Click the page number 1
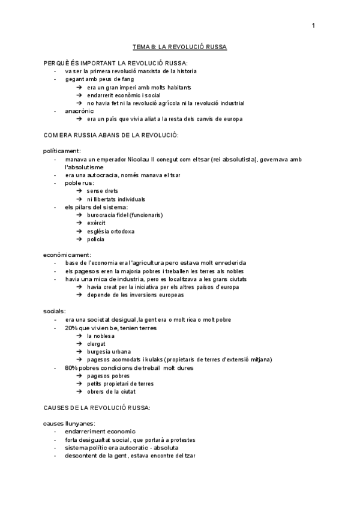click(x=313, y=25)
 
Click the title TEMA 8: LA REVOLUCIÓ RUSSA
click(x=179, y=46)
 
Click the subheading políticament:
click(x=62, y=151)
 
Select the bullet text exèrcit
click(x=96, y=223)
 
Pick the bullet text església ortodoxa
click(x=110, y=231)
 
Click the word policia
click(x=95, y=239)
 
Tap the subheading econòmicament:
click(x=67, y=255)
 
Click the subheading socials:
click(x=55, y=311)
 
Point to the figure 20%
click(x=72, y=327)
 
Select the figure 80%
click(x=72, y=367)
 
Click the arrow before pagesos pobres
click(x=80, y=376)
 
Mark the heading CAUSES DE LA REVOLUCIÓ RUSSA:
click(x=97, y=408)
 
